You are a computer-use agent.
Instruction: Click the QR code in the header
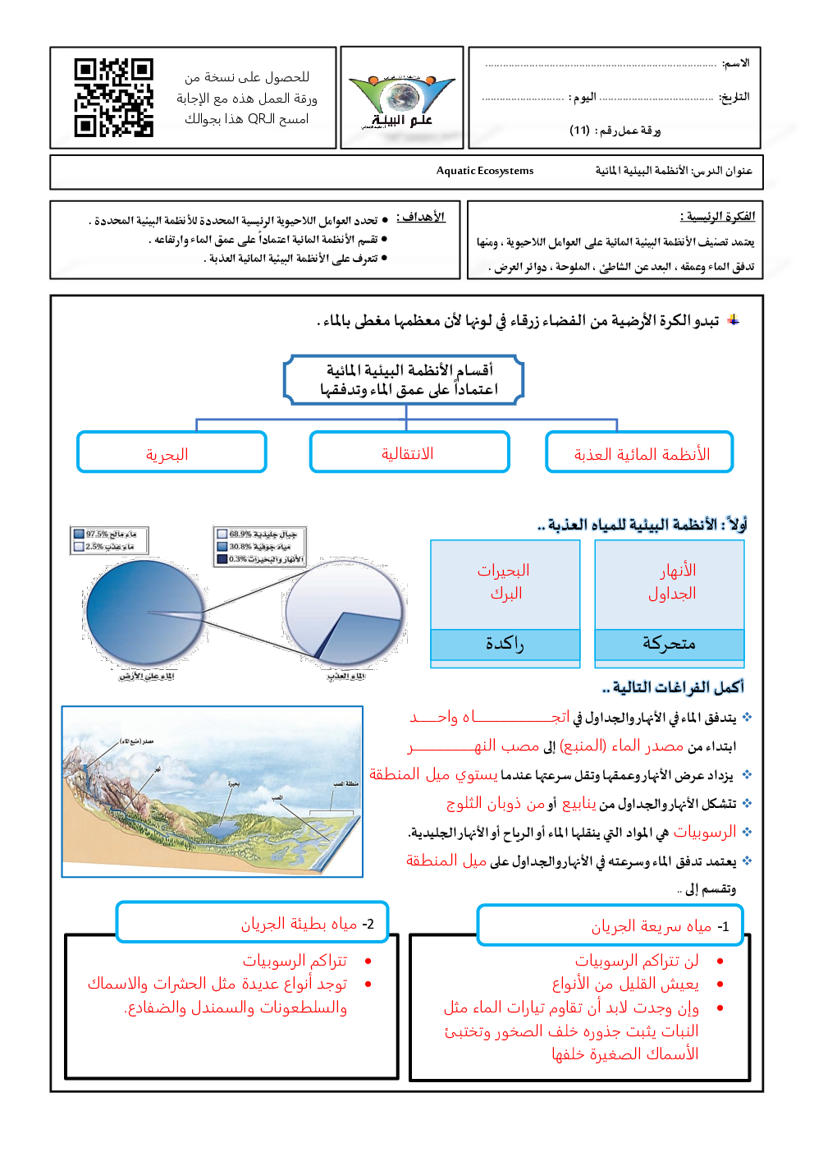[x=113, y=97]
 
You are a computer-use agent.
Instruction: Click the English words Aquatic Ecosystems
[x=484, y=171]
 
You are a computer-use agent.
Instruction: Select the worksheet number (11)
[x=580, y=130]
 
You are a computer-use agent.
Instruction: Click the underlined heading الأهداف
[x=422, y=218]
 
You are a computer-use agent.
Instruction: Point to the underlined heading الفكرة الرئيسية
[x=718, y=217]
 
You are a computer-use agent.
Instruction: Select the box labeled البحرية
[x=171, y=453]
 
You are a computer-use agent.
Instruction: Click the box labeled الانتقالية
[x=409, y=453]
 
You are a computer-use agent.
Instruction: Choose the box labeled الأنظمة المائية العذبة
[x=640, y=453]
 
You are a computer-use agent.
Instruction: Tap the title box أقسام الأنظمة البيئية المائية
[x=405, y=379]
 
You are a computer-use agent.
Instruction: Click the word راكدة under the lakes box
[x=505, y=644]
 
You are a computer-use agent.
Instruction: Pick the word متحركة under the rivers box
[x=669, y=644]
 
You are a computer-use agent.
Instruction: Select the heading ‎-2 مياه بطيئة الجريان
[x=307, y=924]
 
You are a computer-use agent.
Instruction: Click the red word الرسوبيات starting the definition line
[x=704, y=833]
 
